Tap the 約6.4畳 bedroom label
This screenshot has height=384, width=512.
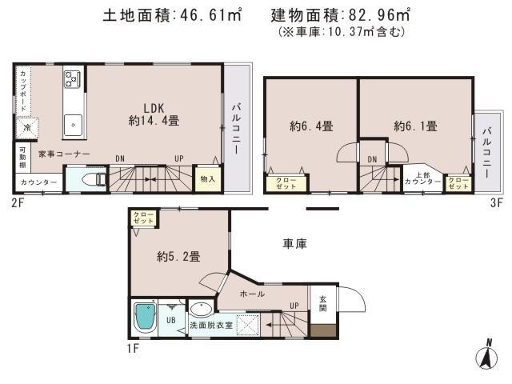tap(311, 126)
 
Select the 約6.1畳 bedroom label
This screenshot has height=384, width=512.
tap(415, 126)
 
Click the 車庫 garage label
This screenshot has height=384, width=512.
tap(296, 242)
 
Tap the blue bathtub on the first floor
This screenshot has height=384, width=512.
tap(145, 318)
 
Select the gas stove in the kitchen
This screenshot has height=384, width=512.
tap(72, 78)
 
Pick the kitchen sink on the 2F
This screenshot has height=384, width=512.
tap(73, 124)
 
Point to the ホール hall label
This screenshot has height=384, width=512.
tap(252, 294)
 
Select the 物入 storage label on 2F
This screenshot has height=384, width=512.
tap(207, 178)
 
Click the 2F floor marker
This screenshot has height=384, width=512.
tap(18, 202)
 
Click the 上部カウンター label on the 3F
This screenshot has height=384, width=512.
tap(422, 179)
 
